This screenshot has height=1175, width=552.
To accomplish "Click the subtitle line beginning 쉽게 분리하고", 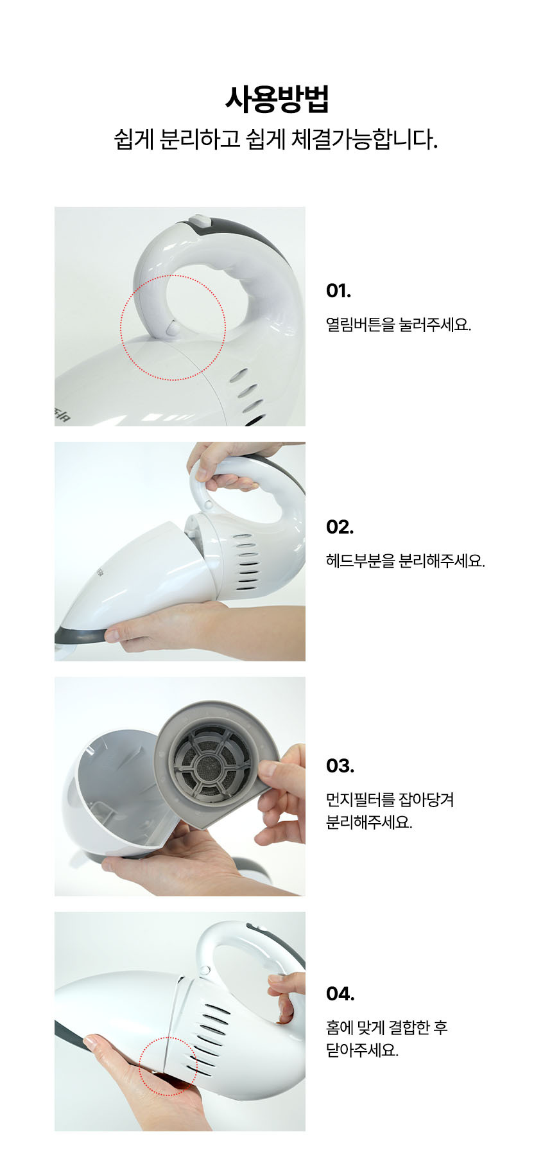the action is click(x=276, y=139).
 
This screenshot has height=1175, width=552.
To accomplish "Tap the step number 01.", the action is click(x=338, y=291).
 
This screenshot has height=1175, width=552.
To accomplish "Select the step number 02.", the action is click(x=340, y=527).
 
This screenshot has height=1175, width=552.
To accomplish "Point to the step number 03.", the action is click(x=340, y=766).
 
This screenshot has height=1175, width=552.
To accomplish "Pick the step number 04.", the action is click(x=340, y=994).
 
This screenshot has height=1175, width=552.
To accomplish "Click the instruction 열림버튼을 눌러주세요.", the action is click(x=399, y=324).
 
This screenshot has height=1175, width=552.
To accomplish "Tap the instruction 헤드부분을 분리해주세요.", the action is click(x=406, y=561).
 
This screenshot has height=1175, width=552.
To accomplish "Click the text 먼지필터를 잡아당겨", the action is click(x=390, y=799).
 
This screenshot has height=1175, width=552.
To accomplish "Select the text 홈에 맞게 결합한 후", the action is click(x=387, y=1027).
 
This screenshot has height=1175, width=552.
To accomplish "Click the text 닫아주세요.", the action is click(x=363, y=1050).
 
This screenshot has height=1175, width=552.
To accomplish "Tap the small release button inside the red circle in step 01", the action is click(x=173, y=327).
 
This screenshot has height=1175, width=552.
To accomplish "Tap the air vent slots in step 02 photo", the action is click(x=246, y=562).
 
